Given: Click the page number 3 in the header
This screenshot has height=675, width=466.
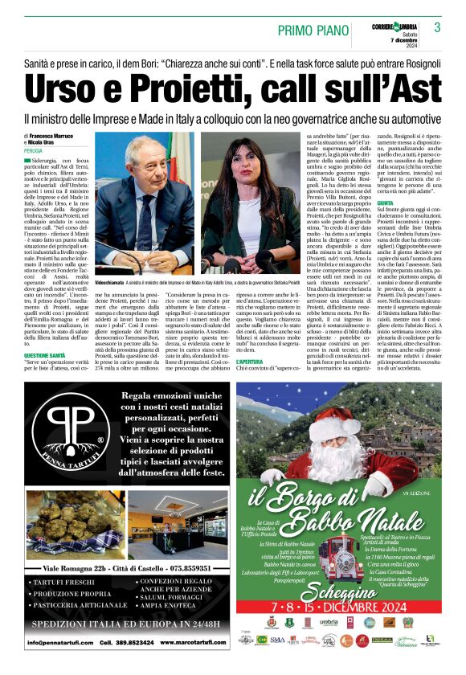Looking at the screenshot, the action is [438, 27].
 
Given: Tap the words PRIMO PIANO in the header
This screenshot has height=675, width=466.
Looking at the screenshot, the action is [317, 30].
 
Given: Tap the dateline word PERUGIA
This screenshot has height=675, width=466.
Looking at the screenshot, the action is [35, 150].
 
